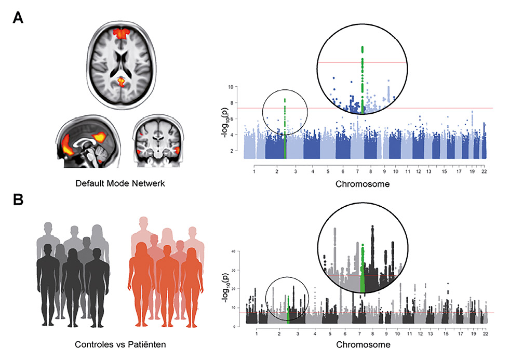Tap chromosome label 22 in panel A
484,170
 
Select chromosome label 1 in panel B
256,334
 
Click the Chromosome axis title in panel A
369,183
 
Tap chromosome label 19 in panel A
471,170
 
